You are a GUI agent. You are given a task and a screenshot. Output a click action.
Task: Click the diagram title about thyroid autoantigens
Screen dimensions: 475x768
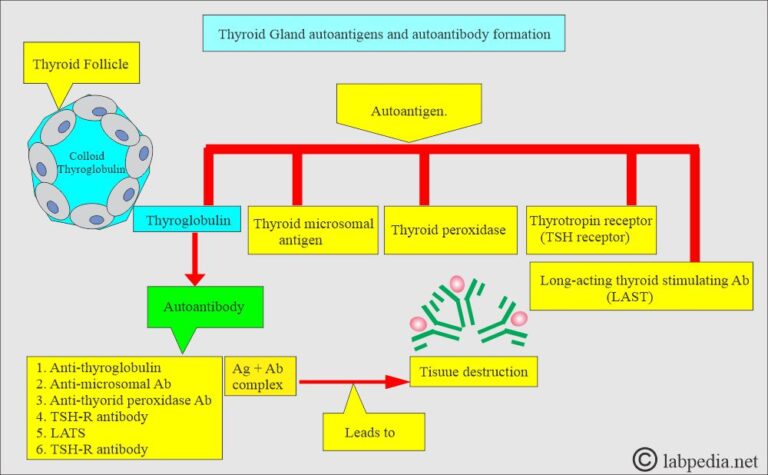(384, 33)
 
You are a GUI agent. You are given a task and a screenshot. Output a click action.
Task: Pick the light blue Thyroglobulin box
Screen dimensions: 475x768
(186, 219)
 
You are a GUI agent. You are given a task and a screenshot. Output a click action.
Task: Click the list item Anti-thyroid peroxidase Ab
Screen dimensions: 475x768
(104, 400)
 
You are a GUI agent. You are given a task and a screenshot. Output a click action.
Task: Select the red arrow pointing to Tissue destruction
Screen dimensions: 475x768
(350, 381)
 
